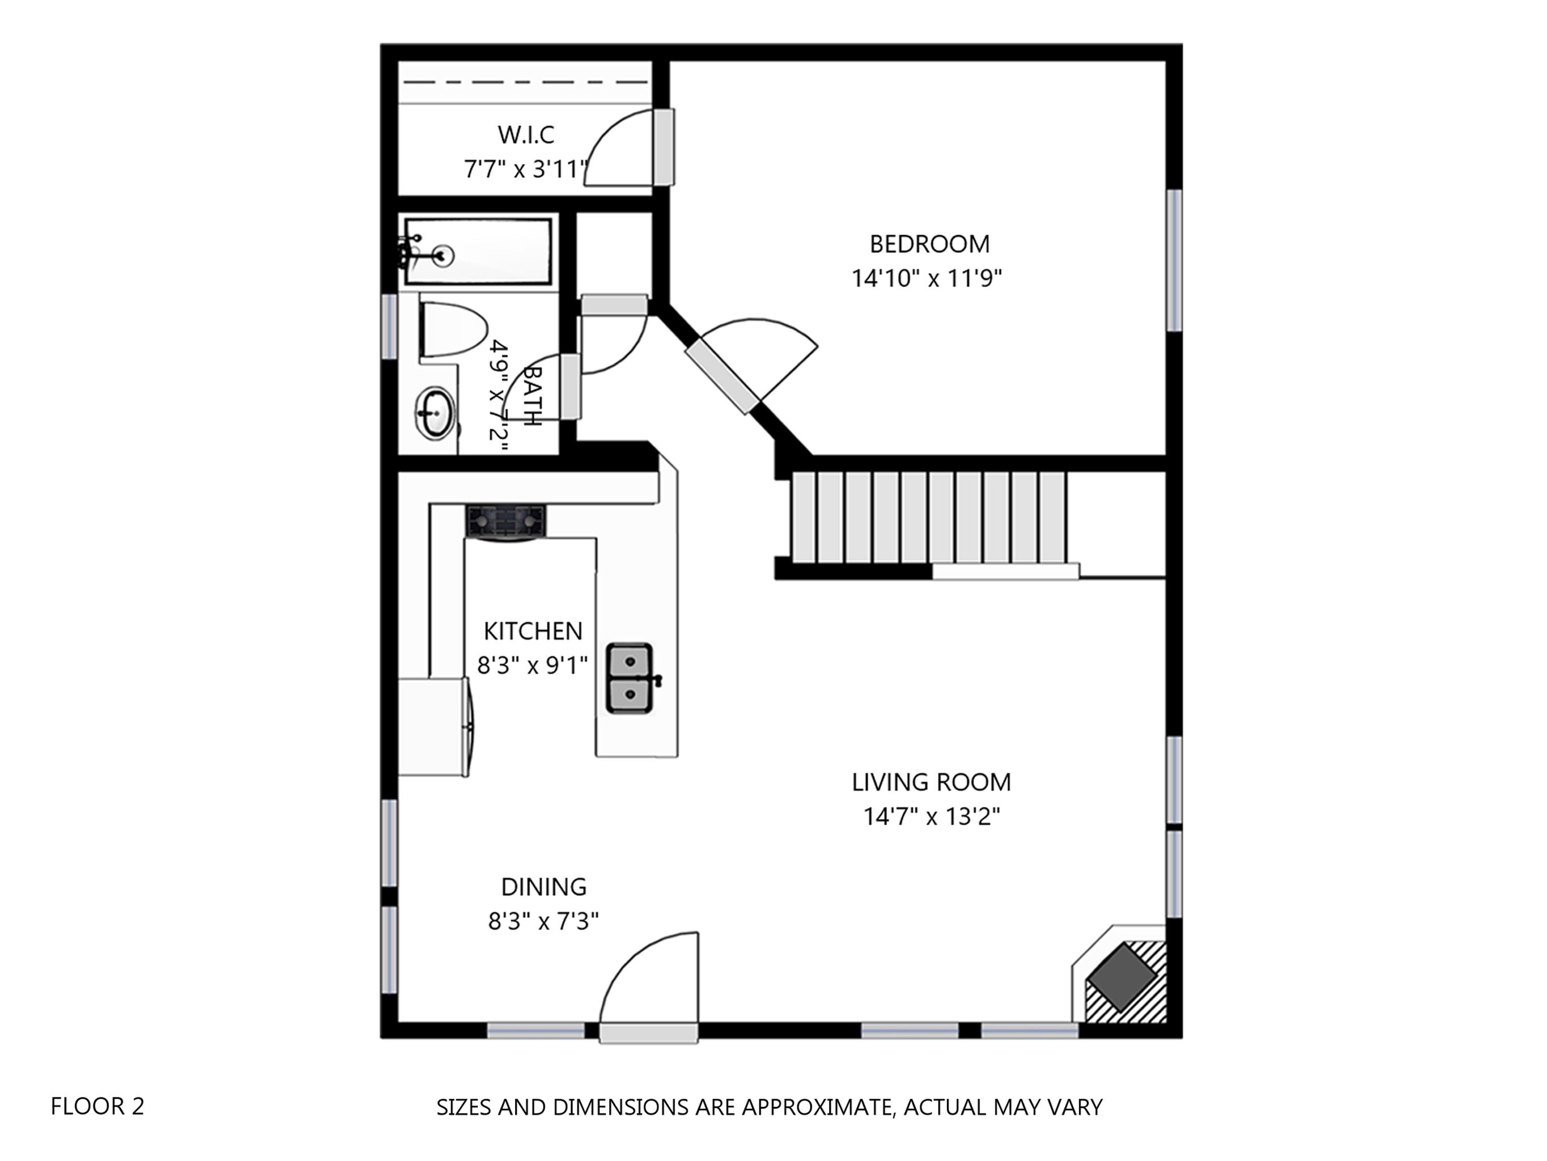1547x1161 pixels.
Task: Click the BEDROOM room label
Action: (x=929, y=244)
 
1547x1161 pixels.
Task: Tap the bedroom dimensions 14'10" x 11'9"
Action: (x=926, y=278)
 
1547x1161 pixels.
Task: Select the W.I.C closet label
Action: (x=526, y=134)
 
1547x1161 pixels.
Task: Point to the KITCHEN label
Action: (x=533, y=631)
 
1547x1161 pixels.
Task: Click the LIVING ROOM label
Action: (x=932, y=782)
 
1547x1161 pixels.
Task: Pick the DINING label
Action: (x=543, y=887)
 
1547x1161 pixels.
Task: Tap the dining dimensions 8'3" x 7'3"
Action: (x=543, y=921)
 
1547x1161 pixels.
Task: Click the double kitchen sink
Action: (x=630, y=678)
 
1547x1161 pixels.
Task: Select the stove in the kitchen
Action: (x=505, y=523)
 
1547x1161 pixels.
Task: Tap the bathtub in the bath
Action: (x=478, y=251)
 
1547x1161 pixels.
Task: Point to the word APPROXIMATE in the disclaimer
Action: (x=815, y=1107)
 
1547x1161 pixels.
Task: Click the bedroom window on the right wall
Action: (x=1175, y=260)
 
